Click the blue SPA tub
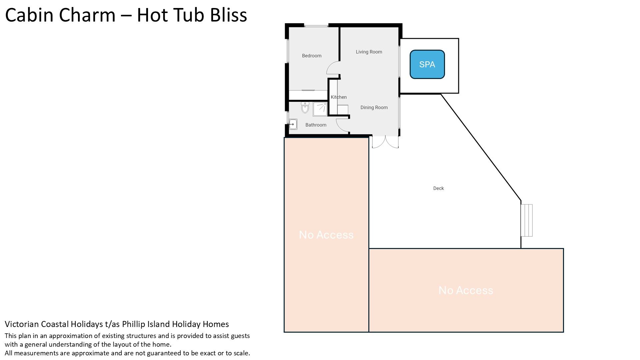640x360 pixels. coord(427,64)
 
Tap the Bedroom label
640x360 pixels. coord(312,56)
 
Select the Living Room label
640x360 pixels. coord(369,52)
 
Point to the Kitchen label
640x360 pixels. coord(339,97)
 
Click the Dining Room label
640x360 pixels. coord(374,107)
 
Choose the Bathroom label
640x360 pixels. coord(316,125)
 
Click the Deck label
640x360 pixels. coord(439,188)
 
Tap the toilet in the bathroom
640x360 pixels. coord(305,107)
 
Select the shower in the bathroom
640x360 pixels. coord(320,109)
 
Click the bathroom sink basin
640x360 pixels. coord(293,124)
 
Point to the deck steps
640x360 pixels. coord(527,220)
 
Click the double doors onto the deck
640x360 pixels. coord(385,142)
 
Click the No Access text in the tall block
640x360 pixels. coord(326,235)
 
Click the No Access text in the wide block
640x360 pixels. coord(466,290)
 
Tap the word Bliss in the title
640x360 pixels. coord(229,15)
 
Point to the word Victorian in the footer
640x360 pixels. coord(23,324)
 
